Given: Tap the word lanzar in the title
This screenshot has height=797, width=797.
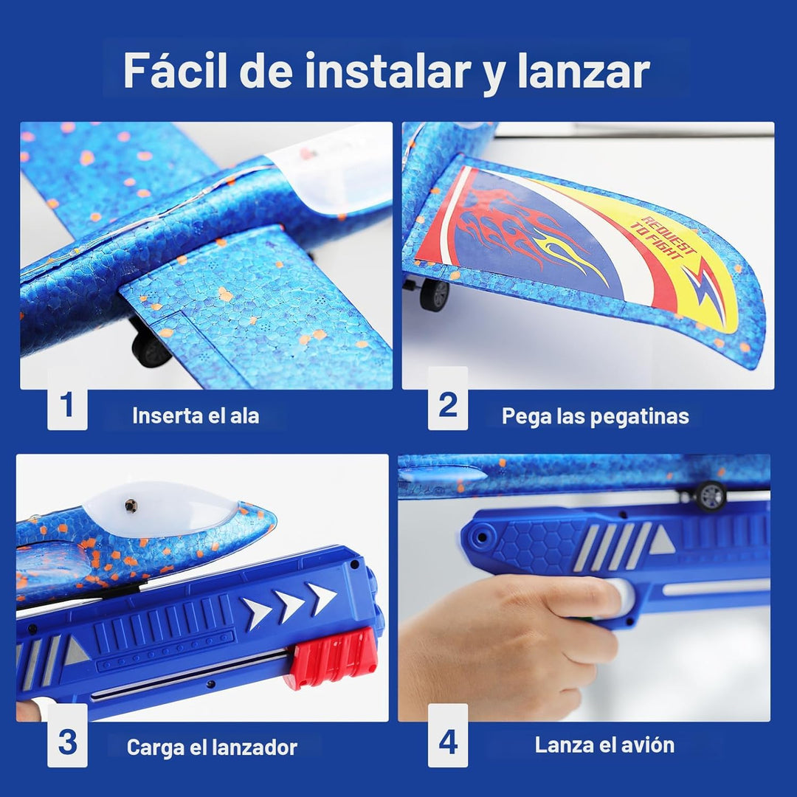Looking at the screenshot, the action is point(584,71).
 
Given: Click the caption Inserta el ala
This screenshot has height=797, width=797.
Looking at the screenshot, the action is point(196,415).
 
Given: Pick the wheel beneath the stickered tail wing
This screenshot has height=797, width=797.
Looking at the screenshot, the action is point(435,294).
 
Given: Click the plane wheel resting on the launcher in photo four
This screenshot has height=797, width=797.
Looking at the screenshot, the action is point(711,496).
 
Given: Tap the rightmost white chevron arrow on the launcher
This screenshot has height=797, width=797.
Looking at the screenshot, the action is point(321,598).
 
